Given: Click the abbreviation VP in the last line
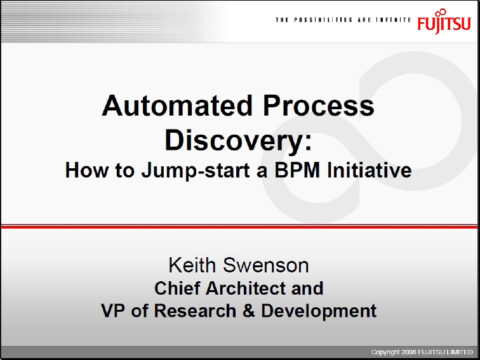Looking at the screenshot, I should (x=115, y=311).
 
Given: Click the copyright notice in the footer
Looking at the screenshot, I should (x=420, y=352).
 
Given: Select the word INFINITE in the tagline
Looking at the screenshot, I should (x=387, y=20).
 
